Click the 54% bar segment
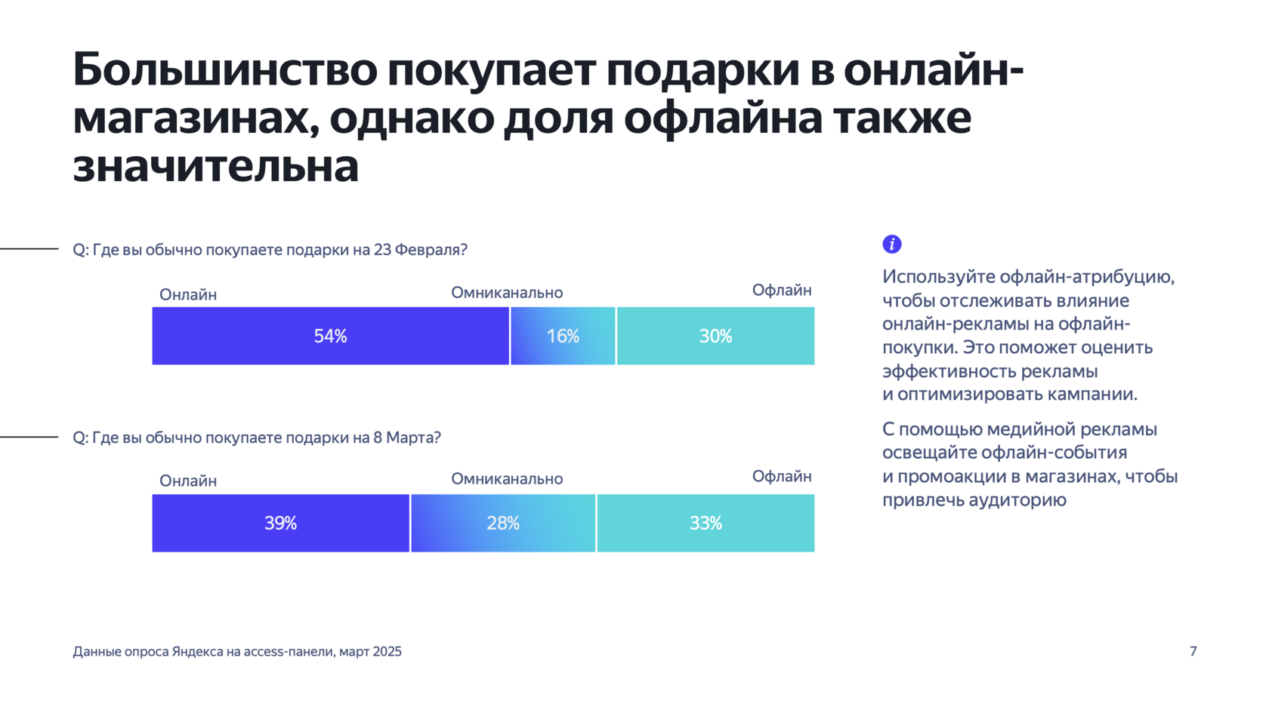pyautogui.click(x=330, y=336)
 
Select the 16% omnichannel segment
pyautogui.click(x=563, y=336)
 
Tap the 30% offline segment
pyautogui.click(x=715, y=336)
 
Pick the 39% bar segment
pyautogui.click(x=280, y=523)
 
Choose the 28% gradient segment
pyautogui.click(x=503, y=523)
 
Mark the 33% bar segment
pyautogui.click(x=706, y=523)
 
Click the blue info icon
pyautogui.click(x=892, y=244)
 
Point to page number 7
pyautogui.click(x=1193, y=651)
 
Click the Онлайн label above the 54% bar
pyautogui.click(x=188, y=294)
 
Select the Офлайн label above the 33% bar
pyautogui.click(x=782, y=476)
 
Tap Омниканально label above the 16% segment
pyautogui.click(x=507, y=293)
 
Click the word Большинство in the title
pyautogui.click(x=224, y=69)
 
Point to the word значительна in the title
pyautogui.click(x=215, y=166)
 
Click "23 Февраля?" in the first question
pyautogui.click(x=421, y=250)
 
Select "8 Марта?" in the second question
pyautogui.click(x=407, y=438)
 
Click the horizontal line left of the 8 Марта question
pyautogui.click(x=29, y=437)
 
